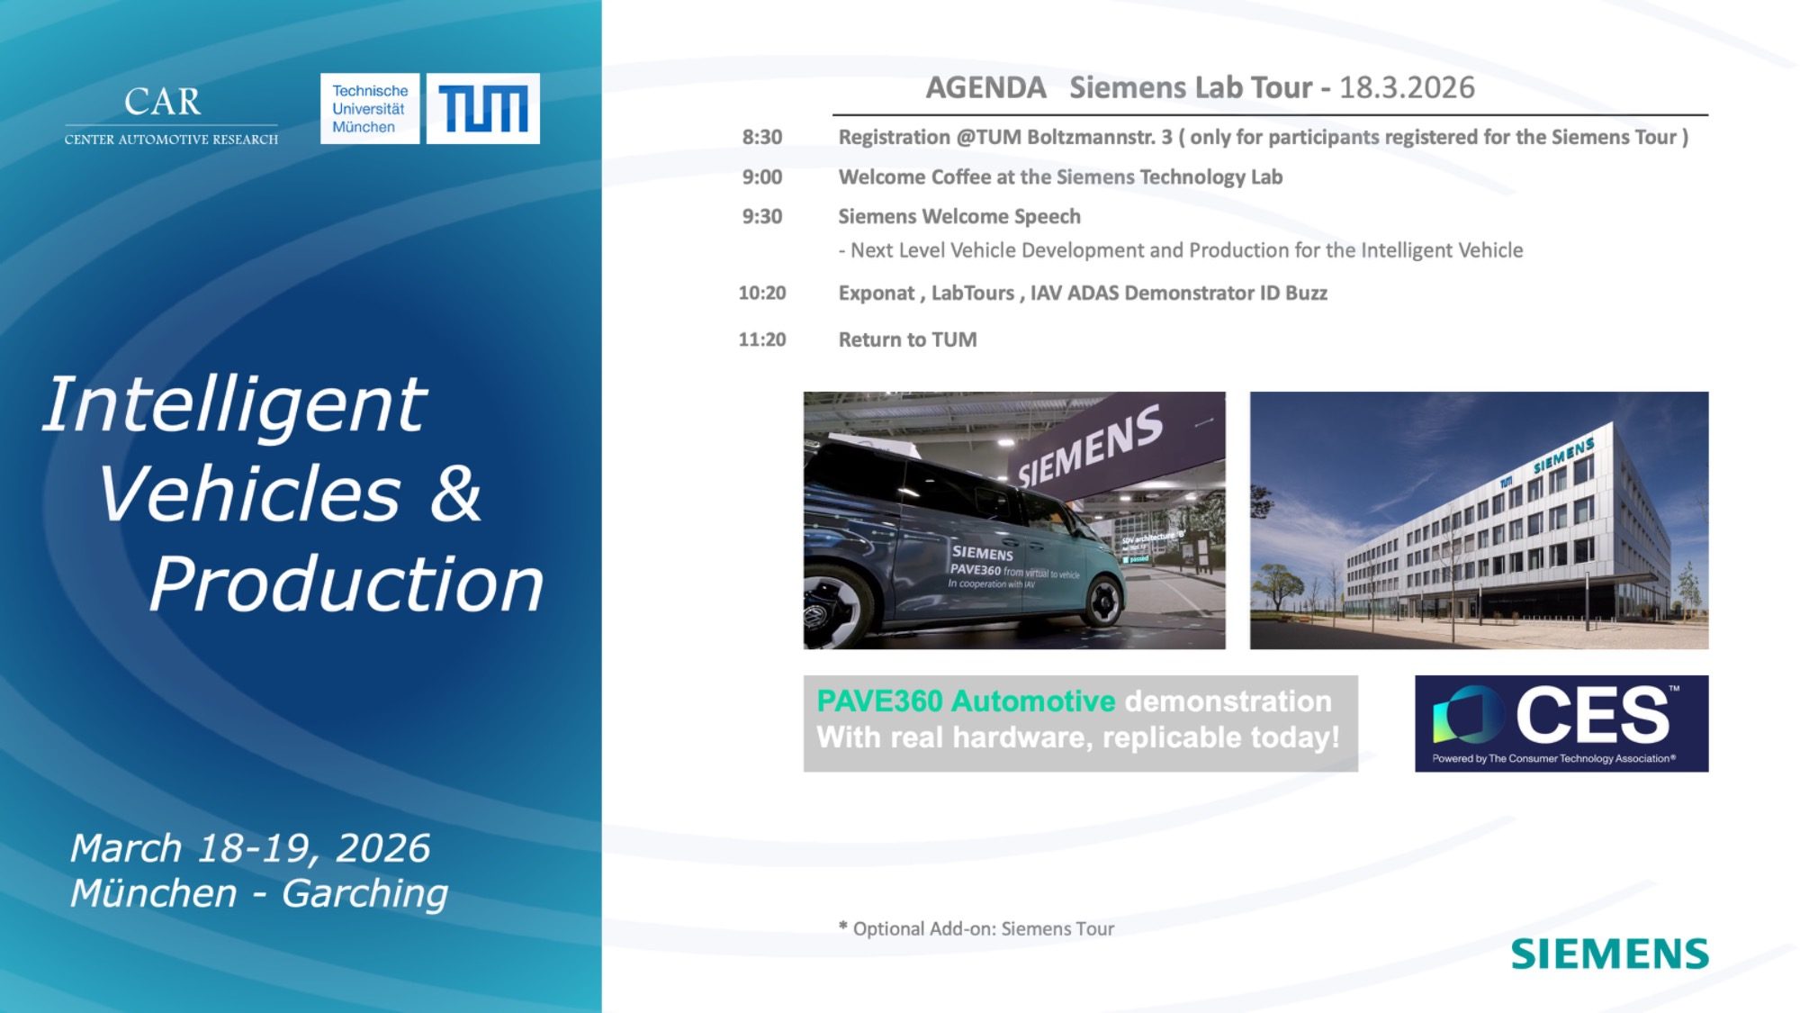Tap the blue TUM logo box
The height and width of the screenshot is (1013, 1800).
(x=483, y=108)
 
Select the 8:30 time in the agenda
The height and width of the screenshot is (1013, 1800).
(x=762, y=137)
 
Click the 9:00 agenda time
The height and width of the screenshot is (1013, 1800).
(x=762, y=176)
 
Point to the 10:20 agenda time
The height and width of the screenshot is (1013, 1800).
(x=762, y=293)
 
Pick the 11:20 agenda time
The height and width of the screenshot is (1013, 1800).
(x=762, y=339)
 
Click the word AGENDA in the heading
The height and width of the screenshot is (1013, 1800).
(x=986, y=87)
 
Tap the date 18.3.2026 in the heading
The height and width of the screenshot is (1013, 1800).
(x=1408, y=87)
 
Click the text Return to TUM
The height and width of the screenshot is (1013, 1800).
(x=907, y=339)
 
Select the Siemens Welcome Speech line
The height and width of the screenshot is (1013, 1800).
(x=959, y=216)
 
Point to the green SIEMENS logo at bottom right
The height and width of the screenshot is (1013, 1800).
(x=1610, y=954)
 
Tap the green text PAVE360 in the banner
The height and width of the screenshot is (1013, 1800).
(x=880, y=701)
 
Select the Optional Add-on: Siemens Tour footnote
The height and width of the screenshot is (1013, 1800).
(x=976, y=928)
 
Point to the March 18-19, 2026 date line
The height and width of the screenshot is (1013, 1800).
(x=250, y=848)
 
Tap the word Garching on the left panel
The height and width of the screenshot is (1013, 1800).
(x=364, y=893)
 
